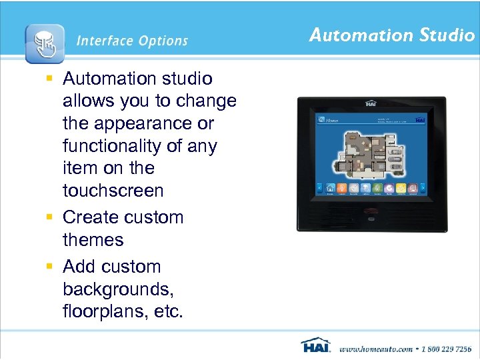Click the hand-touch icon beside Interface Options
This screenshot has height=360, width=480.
coord(45,43)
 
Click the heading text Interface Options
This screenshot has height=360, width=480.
coord(132,41)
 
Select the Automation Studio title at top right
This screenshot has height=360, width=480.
coord(391,35)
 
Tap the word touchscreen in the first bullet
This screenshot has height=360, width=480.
coord(113,191)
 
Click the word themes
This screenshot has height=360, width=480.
coord(93,240)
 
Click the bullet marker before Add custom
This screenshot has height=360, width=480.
coord(49,267)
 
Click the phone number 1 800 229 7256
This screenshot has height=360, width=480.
coord(444,349)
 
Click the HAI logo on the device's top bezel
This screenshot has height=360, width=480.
coord(371,103)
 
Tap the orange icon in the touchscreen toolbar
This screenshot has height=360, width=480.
coord(341,189)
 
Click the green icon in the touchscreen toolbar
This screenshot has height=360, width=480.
coord(377,189)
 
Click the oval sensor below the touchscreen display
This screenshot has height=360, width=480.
coord(371,217)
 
